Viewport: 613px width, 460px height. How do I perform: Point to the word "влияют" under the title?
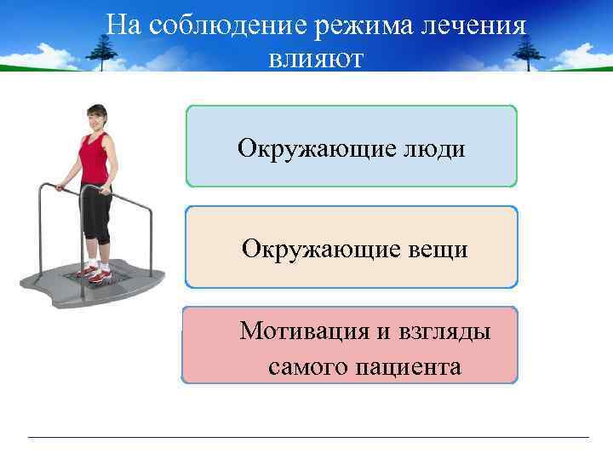pyautogui.click(x=316, y=59)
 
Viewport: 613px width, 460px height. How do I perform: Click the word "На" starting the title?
pyautogui.click(x=123, y=26)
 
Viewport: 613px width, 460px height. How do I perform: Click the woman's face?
pyautogui.click(x=96, y=118)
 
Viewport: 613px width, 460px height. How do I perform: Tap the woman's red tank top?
pyautogui.click(x=95, y=158)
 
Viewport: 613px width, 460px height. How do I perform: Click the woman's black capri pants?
pyautogui.click(x=95, y=210)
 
